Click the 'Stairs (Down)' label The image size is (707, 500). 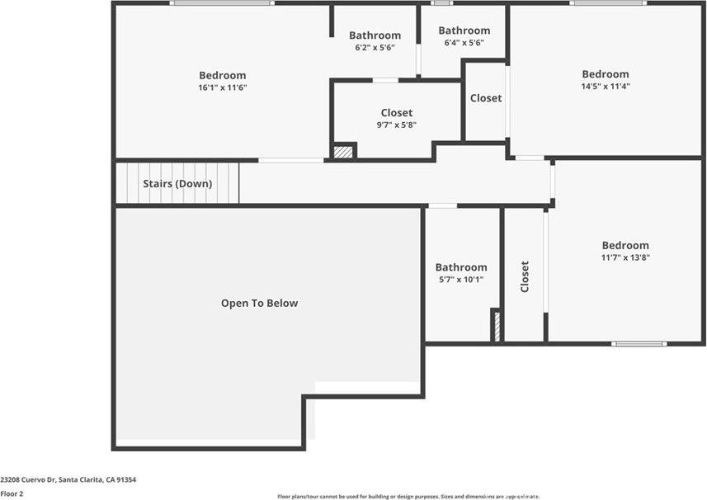[x=177, y=184]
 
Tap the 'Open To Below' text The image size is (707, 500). [x=259, y=304]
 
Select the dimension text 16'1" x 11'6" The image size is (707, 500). [x=222, y=87]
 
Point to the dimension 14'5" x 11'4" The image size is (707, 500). [x=605, y=86]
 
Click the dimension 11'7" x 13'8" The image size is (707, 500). [x=625, y=257]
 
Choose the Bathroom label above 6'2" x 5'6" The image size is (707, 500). [x=375, y=35]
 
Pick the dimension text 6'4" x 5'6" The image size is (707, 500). [x=464, y=43]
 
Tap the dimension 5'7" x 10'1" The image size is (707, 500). [x=461, y=280]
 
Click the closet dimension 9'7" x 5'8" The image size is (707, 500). [x=396, y=125]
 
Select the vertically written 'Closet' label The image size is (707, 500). [x=525, y=276]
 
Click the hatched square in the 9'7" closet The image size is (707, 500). [x=343, y=151]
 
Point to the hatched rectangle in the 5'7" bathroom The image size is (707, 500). [x=496, y=326]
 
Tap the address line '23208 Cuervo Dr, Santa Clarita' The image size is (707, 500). [x=68, y=479]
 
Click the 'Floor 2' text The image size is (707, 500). [x=12, y=493]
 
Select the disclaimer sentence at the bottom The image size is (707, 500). [x=408, y=497]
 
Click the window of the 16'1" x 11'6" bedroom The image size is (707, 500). [x=222, y=3]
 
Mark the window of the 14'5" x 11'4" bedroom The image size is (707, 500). [x=608, y=3]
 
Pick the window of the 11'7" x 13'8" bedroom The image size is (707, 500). [x=639, y=343]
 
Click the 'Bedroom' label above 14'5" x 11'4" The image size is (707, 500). [x=605, y=74]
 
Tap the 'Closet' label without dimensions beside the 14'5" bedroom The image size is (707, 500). [x=485, y=98]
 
